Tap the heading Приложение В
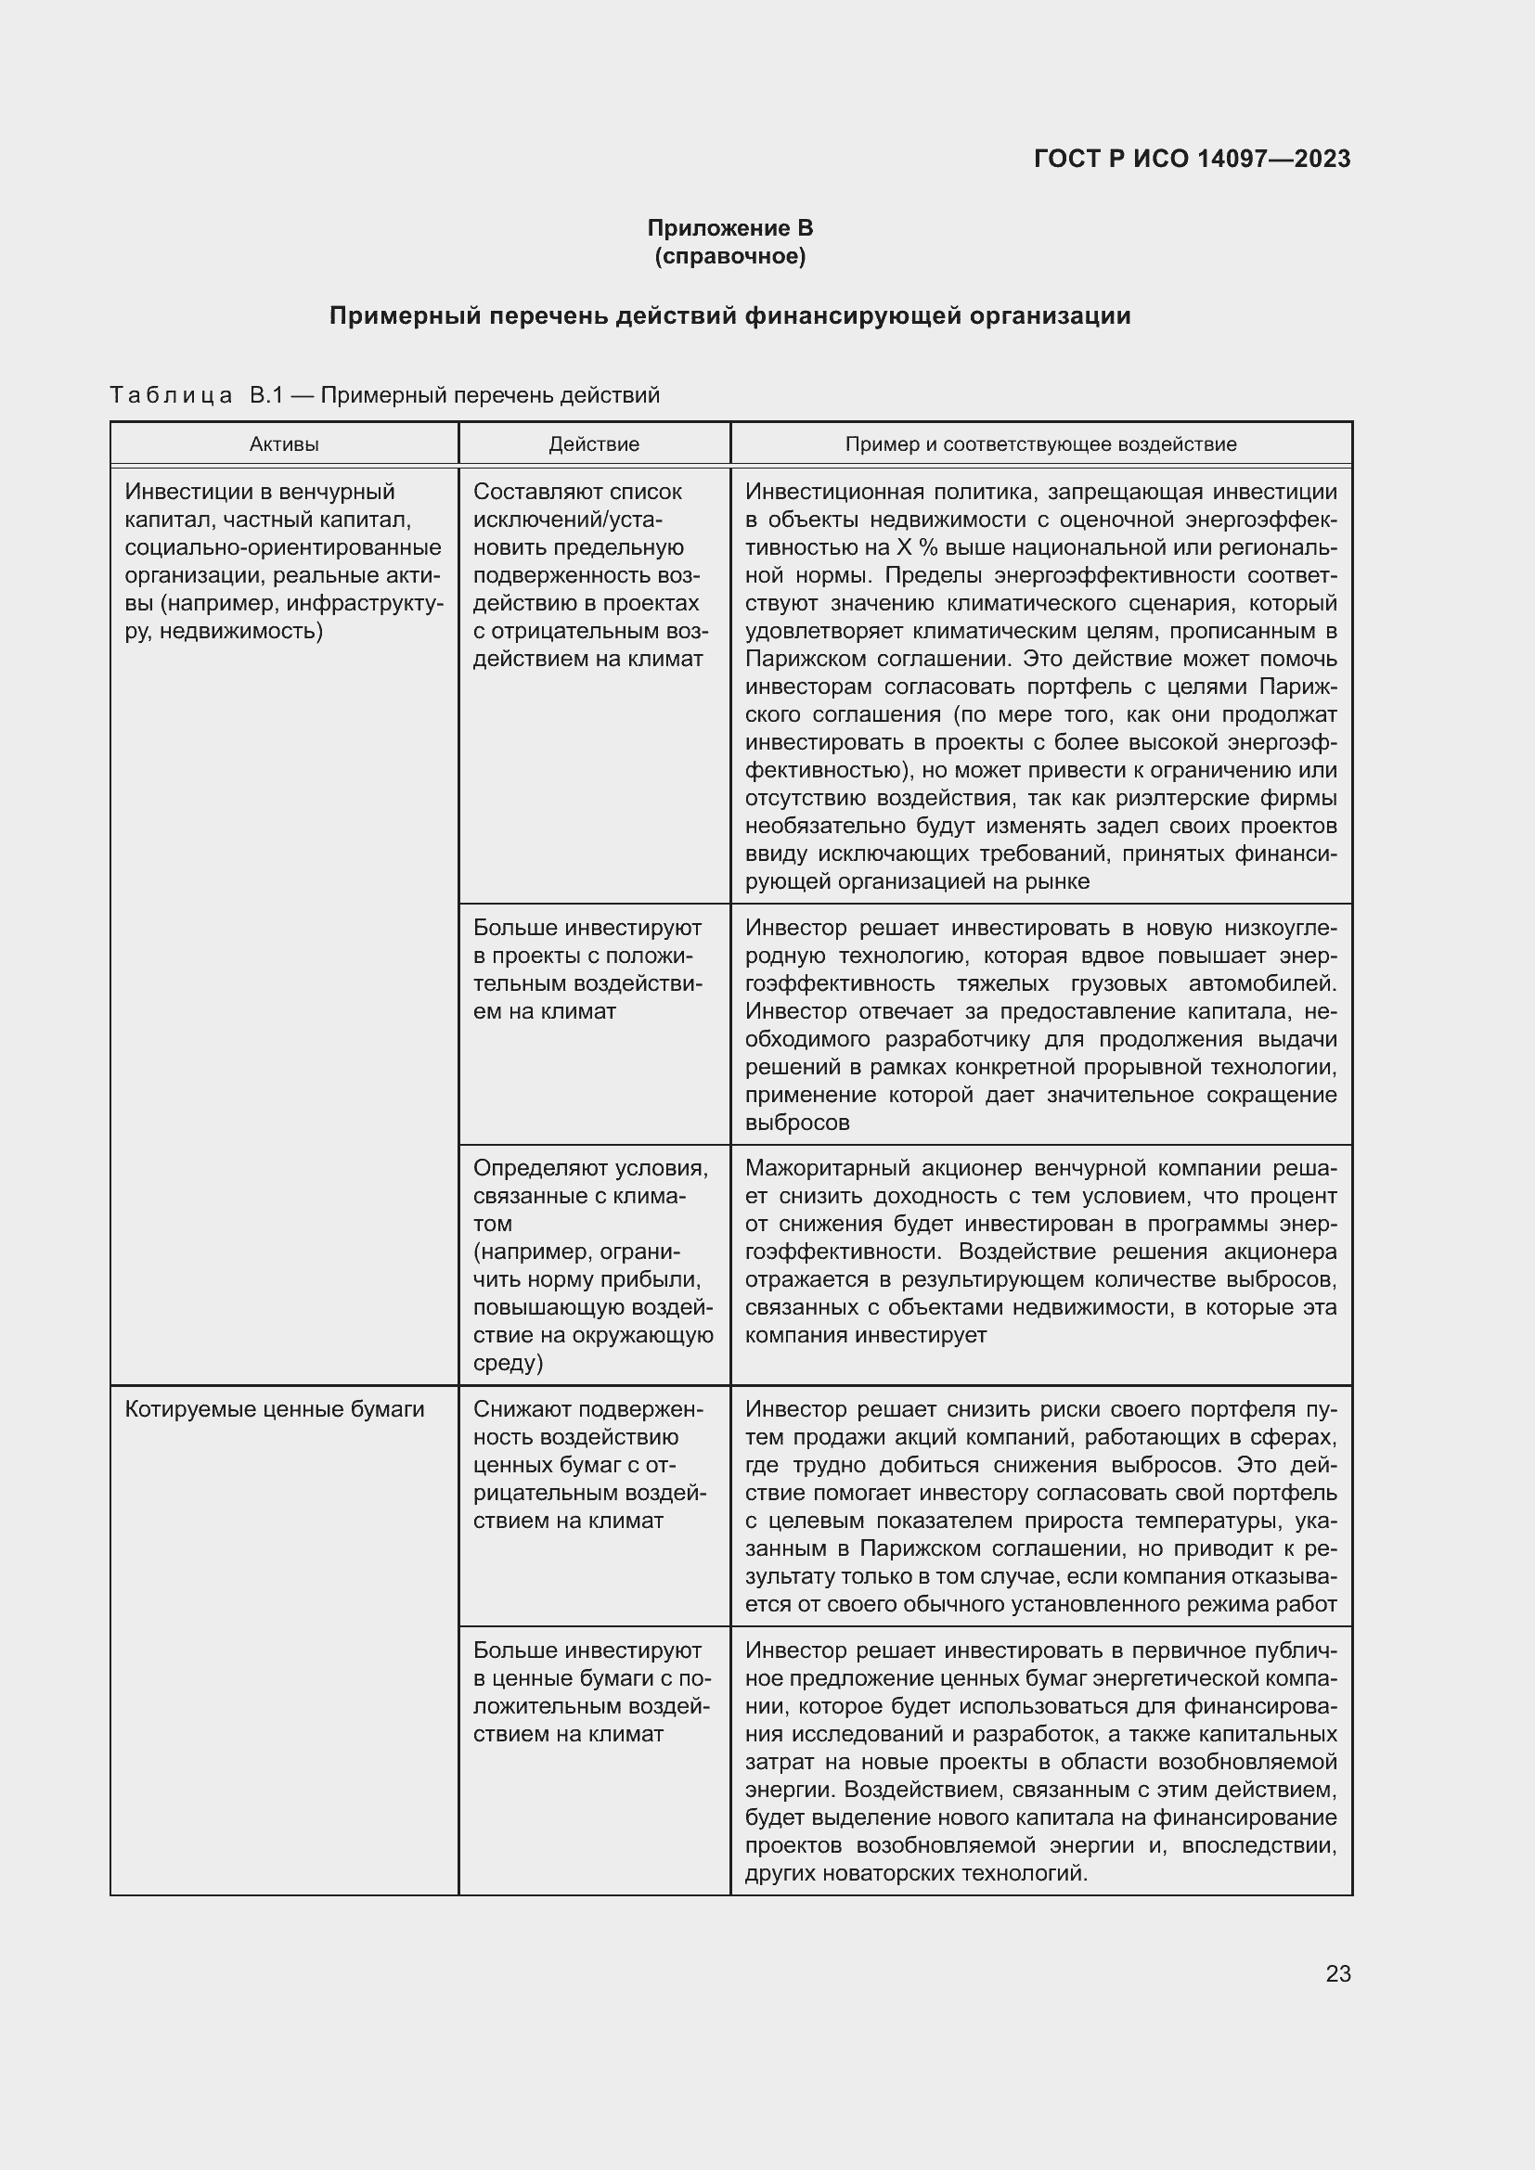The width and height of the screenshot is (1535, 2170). (x=729, y=228)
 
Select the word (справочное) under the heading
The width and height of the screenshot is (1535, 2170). (x=729, y=256)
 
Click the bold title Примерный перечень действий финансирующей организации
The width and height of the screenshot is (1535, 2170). (x=729, y=315)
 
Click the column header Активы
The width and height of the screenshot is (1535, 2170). (x=284, y=444)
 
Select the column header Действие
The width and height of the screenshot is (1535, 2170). (x=594, y=444)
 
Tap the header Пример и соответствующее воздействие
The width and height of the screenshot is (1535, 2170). (x=1039, y=444)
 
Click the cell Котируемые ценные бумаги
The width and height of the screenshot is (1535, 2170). (x=274, y=1409)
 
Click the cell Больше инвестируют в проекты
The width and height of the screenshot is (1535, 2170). (x=587, y=969)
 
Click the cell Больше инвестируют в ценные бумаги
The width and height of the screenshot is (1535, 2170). (x=592, y=1692)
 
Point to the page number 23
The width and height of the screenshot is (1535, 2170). (x=1337, y=1973)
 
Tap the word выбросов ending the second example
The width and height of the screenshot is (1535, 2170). (x=797, y=1123)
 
